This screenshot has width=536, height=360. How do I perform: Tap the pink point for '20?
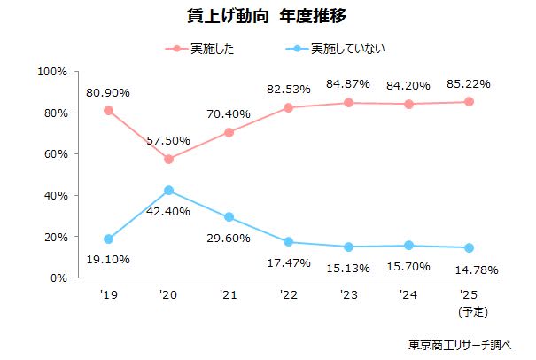click(x=168, y=160)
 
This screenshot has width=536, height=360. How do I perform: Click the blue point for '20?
click(x=168, y=191)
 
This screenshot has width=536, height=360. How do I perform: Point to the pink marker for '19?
click(x=108, y=111)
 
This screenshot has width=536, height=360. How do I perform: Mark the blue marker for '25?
click(x=469, y=247)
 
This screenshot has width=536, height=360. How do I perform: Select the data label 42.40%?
click(x=168, y=212)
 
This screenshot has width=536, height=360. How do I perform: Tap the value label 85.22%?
click(x=469, y=83)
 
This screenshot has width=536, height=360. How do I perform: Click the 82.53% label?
click(x=289, y=90)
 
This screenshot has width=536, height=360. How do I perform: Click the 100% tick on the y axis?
click(x=54, y=71)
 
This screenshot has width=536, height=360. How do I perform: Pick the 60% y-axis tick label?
click(x=57, y=154)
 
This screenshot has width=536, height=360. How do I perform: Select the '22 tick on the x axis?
click(x=289, y=295)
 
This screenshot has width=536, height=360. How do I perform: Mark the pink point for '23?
click(x=349, y=103)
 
